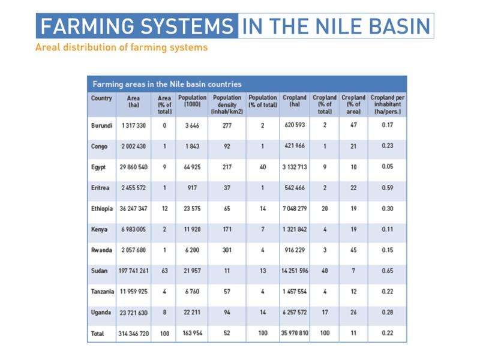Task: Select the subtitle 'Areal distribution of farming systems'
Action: [x=122, y=47]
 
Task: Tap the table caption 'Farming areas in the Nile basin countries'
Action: [x=166, y=84]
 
